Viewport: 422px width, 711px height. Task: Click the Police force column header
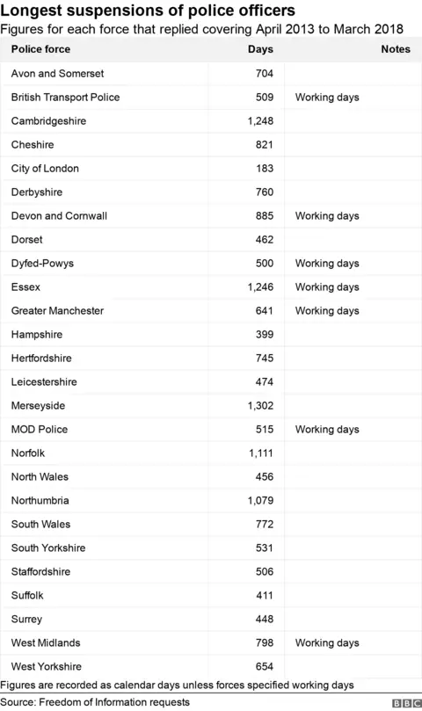coord(40,49)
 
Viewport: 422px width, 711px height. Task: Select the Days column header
coord(261,49)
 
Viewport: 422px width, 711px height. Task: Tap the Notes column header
coord(396,49)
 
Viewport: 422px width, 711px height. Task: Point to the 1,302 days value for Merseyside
coord(261,405)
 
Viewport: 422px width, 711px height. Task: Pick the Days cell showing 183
coord(264,168)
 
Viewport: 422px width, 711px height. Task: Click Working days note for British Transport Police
coord(327,97)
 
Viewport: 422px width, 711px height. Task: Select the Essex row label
coord(27,287)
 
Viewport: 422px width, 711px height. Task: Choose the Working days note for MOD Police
coord(327,429)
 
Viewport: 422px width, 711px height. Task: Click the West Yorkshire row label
coord(47,666)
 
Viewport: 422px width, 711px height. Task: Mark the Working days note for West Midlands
coord(327,642)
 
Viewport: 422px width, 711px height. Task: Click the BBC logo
coord(404,703)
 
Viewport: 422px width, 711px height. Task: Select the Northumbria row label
coord(40,500)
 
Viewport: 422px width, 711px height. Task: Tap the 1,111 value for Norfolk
coord(261,453)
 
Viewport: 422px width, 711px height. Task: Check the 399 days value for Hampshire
coord(264,334)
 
